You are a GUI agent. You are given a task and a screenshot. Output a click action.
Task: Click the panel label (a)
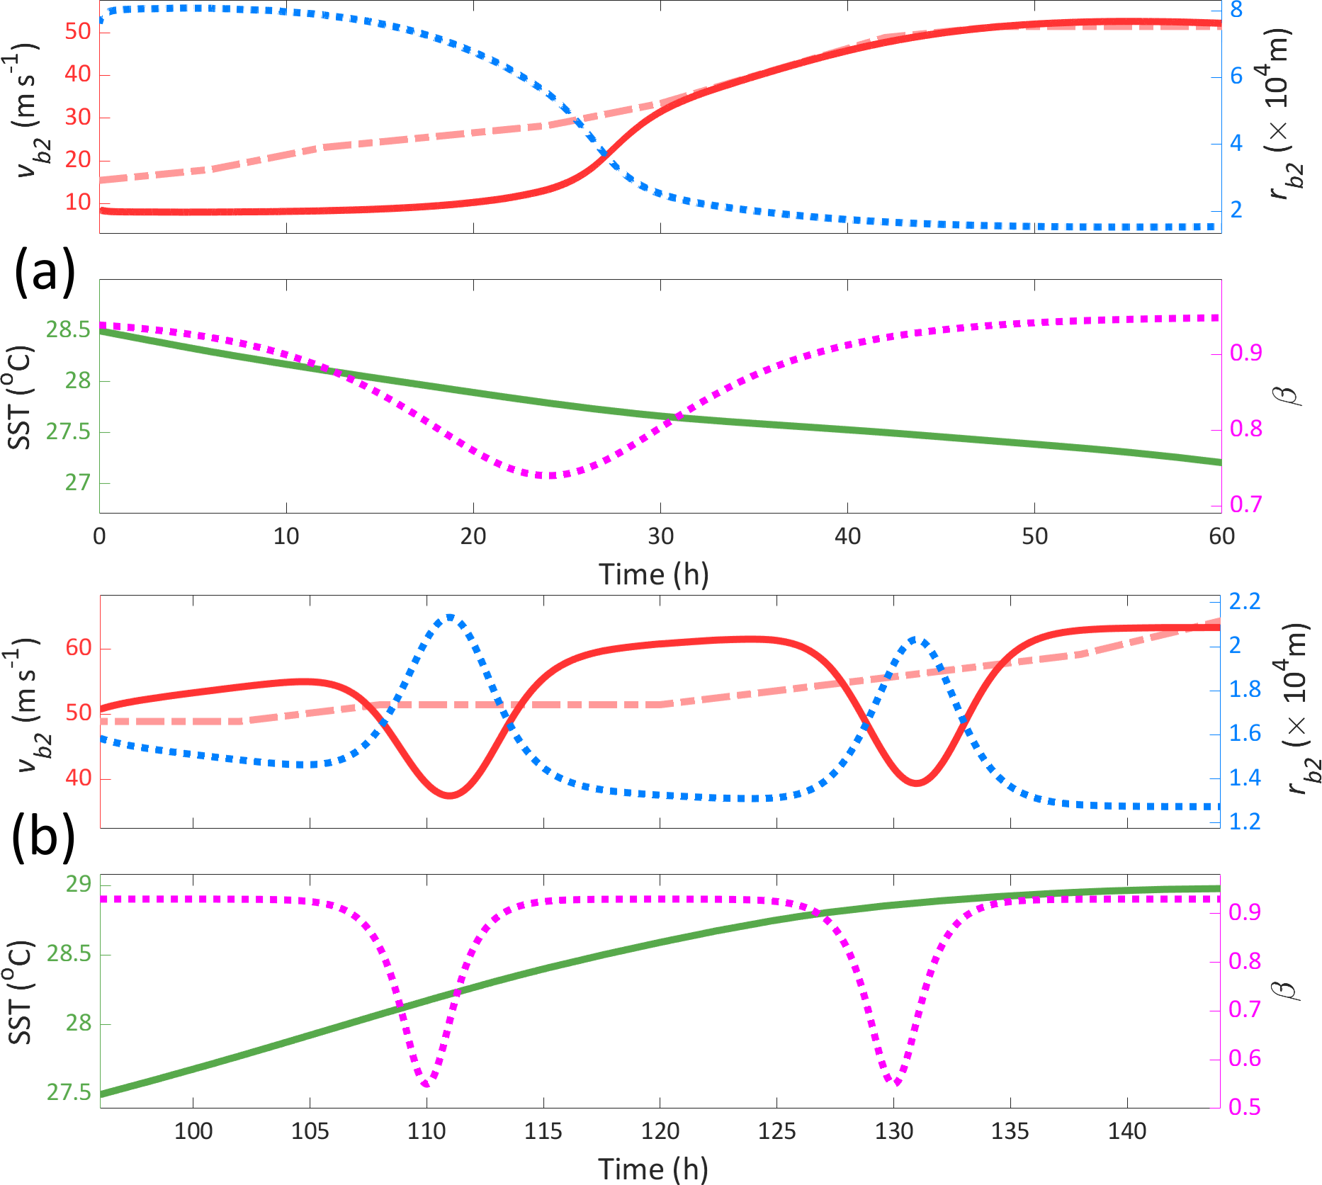[44, 273]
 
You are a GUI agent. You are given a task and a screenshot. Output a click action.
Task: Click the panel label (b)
[43, 838]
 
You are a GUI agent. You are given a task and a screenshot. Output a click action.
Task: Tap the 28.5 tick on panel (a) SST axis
[69, 330]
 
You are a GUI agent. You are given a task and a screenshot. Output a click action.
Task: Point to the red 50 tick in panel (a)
[78, 32]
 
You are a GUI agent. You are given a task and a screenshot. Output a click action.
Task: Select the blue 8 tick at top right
[1236, 10]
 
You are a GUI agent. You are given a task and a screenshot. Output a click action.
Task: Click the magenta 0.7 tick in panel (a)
[1245, 504]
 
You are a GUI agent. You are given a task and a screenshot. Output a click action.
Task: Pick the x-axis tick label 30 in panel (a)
[660, 536]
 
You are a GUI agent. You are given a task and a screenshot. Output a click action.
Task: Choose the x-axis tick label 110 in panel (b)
[426, 1130]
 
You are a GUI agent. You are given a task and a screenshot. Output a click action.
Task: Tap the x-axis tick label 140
[1126, 1130]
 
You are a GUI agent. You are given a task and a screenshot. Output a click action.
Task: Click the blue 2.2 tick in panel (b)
[1245, 602]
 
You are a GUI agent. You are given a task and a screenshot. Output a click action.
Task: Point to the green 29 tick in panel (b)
[79, 884]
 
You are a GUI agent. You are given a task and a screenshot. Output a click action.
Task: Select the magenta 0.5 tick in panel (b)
[1245, 1106]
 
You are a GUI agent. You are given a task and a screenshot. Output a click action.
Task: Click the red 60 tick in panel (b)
[78, 647]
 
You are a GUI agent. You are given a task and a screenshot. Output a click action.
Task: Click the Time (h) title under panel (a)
[653, 574]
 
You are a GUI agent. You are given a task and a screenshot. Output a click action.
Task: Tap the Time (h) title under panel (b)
[653, 1169]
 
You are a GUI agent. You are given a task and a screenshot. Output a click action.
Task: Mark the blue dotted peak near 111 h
[450, 618]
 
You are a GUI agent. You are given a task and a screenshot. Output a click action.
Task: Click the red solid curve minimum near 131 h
[917, 783]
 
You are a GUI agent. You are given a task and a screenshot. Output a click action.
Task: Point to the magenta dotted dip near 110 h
[426, 1084]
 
